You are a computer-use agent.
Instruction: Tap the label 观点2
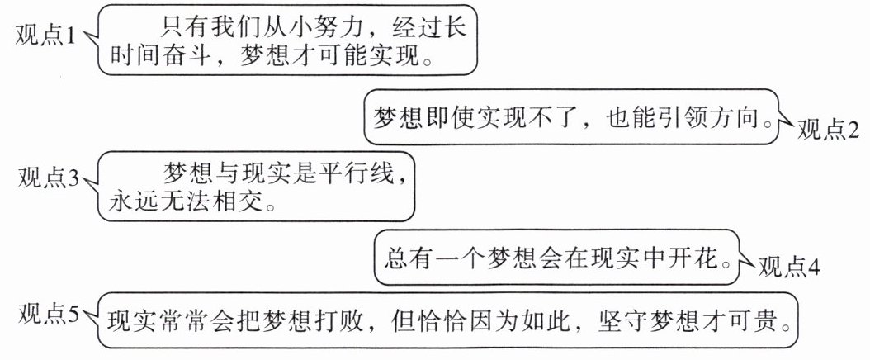[x=829, y=130]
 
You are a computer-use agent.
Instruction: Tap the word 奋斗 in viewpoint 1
[x=191, y=59]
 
